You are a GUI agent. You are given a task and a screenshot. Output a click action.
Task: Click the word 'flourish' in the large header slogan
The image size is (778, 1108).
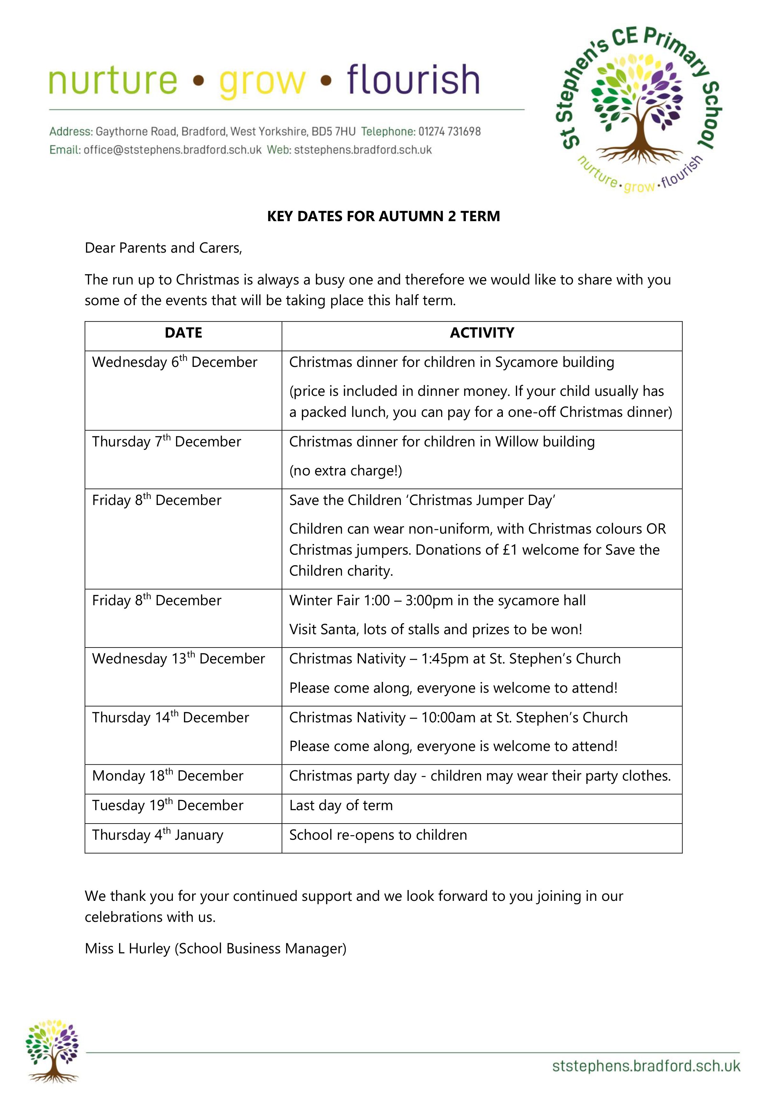point(413,80)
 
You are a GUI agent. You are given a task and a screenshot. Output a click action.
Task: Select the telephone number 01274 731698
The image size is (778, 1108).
point(449,131)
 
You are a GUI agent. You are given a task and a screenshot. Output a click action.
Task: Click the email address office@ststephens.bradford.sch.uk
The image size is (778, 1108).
point(172,150)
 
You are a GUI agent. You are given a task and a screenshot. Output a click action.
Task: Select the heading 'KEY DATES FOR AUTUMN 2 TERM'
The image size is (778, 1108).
point(383,216)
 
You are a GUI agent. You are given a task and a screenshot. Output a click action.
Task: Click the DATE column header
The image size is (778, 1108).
point(183,333)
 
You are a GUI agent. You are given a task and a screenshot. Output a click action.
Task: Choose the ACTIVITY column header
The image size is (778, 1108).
point(482,333)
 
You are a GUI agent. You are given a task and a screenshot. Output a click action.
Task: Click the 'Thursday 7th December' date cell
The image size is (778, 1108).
point(166,442)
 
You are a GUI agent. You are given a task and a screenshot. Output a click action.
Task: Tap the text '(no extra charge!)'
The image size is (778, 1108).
point(346,471)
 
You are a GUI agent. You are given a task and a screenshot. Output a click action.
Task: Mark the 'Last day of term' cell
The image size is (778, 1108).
point(341,805)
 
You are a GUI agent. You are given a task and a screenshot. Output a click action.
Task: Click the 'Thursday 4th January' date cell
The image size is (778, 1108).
point(158,835)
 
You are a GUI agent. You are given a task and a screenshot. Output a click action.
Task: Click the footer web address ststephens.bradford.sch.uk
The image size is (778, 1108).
point(646,1066)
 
